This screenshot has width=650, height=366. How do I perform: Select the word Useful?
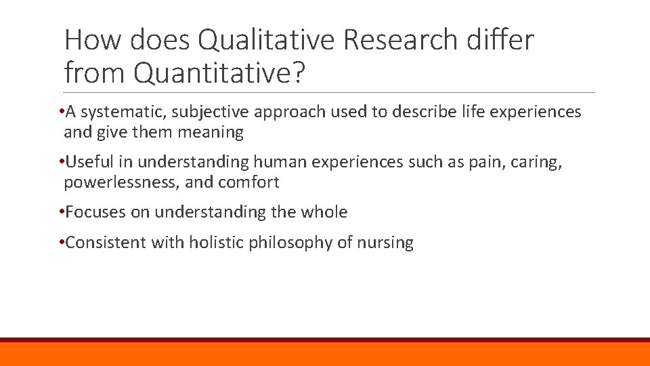coord(89,162)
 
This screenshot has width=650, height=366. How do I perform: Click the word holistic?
coord(219,243)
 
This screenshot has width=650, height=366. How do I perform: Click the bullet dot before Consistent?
coord(61,243)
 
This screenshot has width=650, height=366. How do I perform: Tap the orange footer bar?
coord(325,354)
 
